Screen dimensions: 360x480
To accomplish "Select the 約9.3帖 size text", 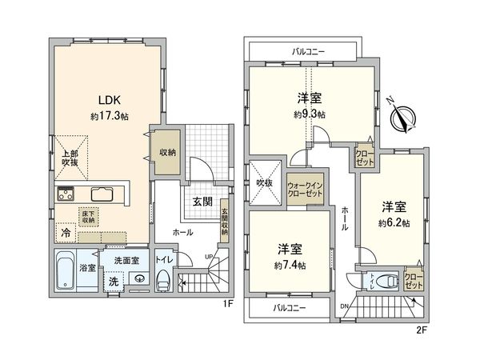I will click(309, 114).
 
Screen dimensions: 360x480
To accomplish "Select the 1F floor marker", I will click(226, 305).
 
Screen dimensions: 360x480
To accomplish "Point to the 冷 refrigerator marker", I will click(63, 234).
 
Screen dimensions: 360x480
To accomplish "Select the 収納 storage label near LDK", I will click(166, 152).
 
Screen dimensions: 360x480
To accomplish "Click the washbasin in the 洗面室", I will click(140, 279).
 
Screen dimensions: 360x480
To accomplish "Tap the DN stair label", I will click(344, 305).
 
